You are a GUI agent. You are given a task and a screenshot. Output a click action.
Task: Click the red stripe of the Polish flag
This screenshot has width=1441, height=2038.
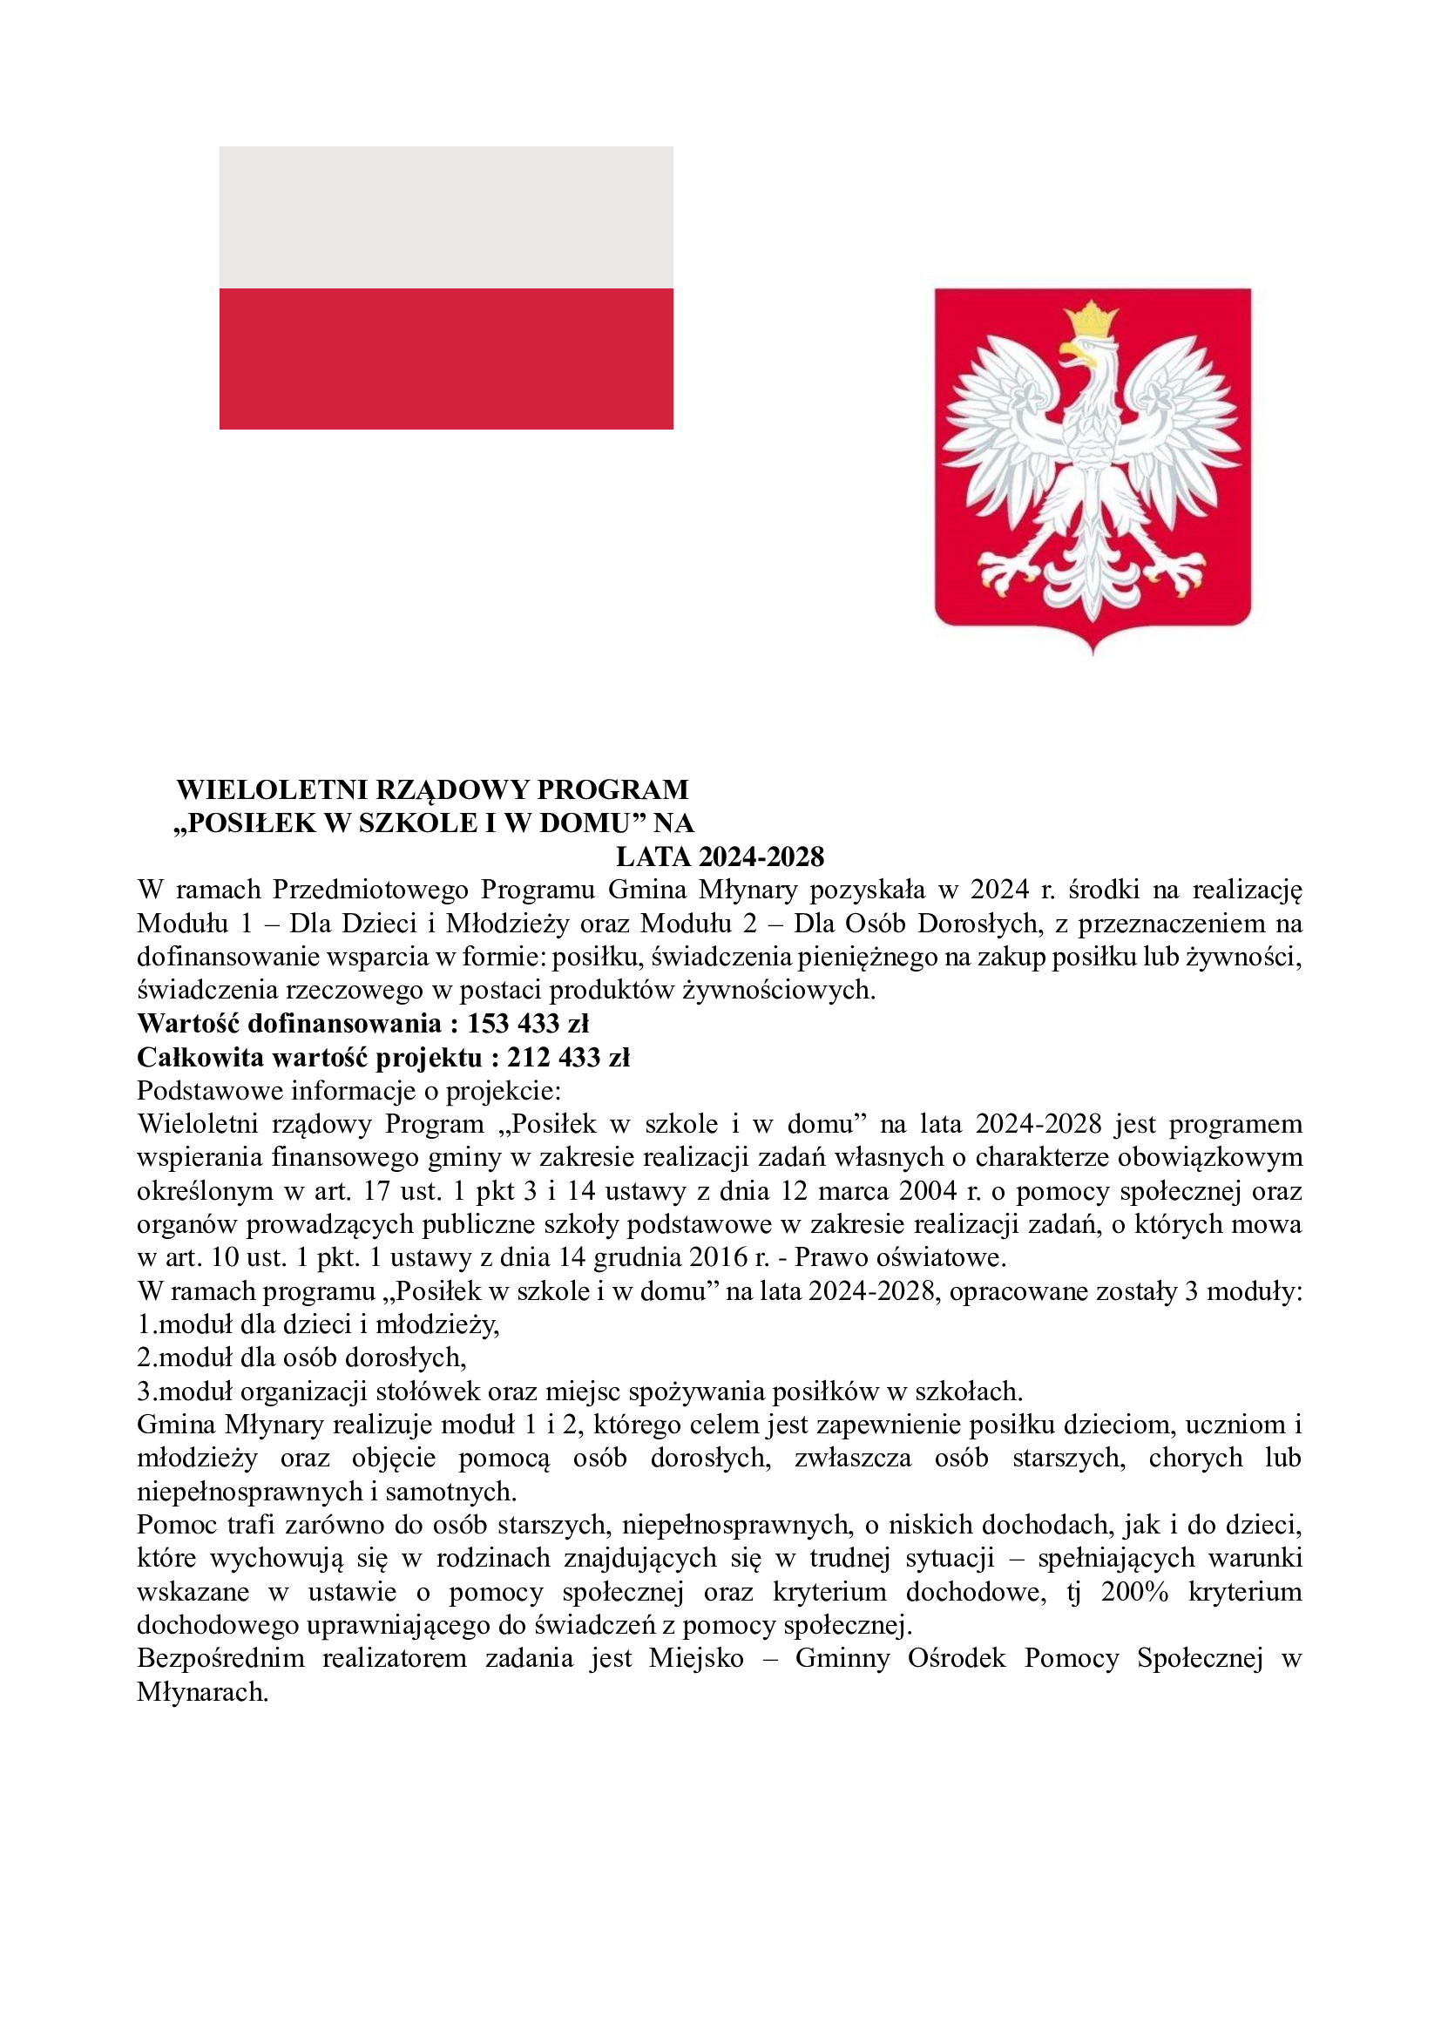tap(445, 359)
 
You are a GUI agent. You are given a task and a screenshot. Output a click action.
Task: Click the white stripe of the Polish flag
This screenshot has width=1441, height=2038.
tap(445, 218)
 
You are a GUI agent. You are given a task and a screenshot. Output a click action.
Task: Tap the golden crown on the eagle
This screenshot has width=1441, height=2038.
tap(1093, 318)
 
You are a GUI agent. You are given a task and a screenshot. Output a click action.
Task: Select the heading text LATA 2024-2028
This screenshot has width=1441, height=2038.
tap(720, 857)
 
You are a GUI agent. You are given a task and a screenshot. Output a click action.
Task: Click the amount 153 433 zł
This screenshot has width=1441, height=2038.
tap(528, 1024)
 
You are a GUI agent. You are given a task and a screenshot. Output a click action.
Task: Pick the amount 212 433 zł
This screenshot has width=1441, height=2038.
tap(568, 1057)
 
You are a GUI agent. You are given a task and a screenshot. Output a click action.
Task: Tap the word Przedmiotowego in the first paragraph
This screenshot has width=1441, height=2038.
tap(370, 890)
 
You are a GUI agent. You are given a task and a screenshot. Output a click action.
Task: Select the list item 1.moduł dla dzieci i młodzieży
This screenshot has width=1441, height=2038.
tap(318, 1324)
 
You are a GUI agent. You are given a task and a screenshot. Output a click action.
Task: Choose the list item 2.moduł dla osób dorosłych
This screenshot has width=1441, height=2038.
tap(301, 1358)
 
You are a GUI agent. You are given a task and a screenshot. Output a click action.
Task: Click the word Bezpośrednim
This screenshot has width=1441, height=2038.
tap(220, 1658)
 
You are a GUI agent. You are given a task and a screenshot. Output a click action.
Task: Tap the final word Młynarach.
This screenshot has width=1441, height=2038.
tap(202, 1692)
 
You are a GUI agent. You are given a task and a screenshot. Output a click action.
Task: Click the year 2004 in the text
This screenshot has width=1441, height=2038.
tap(927, 1190)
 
